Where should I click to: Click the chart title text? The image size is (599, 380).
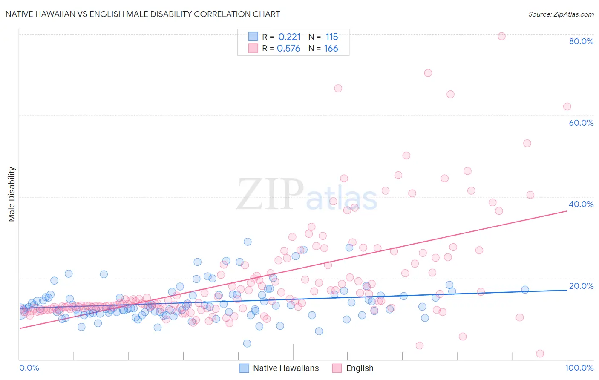[143, 14]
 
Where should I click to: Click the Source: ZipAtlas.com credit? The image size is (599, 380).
[561, 14]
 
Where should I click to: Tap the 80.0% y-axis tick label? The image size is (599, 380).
[581, 41]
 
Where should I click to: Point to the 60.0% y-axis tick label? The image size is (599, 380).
[581, 123]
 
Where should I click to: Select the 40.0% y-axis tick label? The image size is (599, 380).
[581, 204]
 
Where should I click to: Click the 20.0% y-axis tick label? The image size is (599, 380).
[581, 286]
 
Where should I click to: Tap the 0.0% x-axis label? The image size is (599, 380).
[29, 368]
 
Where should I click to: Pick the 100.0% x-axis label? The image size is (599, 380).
[579, 368]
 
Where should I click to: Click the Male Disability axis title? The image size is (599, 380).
[12, 194]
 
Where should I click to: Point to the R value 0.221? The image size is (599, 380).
[289, 37]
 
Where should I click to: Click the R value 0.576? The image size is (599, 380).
[288, 49]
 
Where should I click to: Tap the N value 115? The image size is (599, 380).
[331, 37]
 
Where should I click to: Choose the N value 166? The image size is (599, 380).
[331, 49]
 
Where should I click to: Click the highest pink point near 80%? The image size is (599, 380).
[501, 36]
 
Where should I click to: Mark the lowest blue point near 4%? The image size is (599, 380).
[247, 343]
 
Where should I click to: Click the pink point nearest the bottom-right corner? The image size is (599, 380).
[540, 354]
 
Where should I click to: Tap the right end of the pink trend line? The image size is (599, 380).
[567, 211]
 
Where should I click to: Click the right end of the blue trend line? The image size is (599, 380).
[567, 290]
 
